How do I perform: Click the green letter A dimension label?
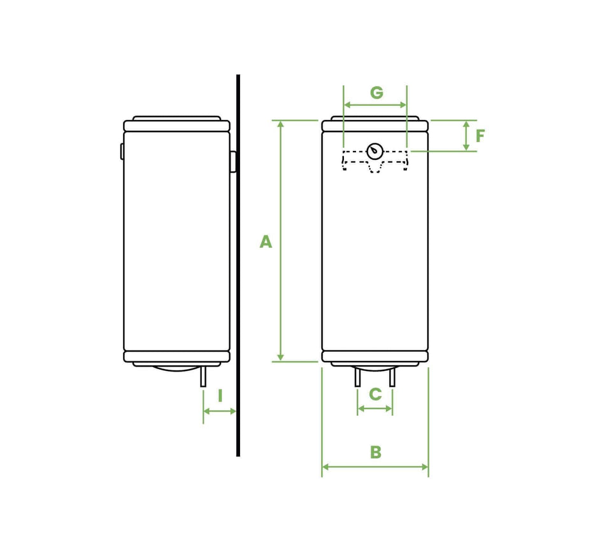click(266, 242)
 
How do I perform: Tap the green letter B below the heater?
click(376, 452)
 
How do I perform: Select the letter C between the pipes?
click(375, 395)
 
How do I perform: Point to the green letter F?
click(480, 136)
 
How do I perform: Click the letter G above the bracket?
click(376, 92)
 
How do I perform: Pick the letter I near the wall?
click(220, 396)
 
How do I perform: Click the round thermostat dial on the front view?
click(375, 152)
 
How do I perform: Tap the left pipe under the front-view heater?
click(357, 377)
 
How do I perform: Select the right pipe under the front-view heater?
click(392, 377)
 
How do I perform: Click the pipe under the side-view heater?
click(203, 377)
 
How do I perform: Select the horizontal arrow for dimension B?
click(375, 467)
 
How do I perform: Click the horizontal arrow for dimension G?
click(375, 105)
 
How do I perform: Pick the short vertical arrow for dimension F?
click(466, 136)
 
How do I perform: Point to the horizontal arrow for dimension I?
click(220, 412)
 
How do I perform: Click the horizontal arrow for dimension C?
click(375, 409)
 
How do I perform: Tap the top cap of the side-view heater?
click(176, 119)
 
